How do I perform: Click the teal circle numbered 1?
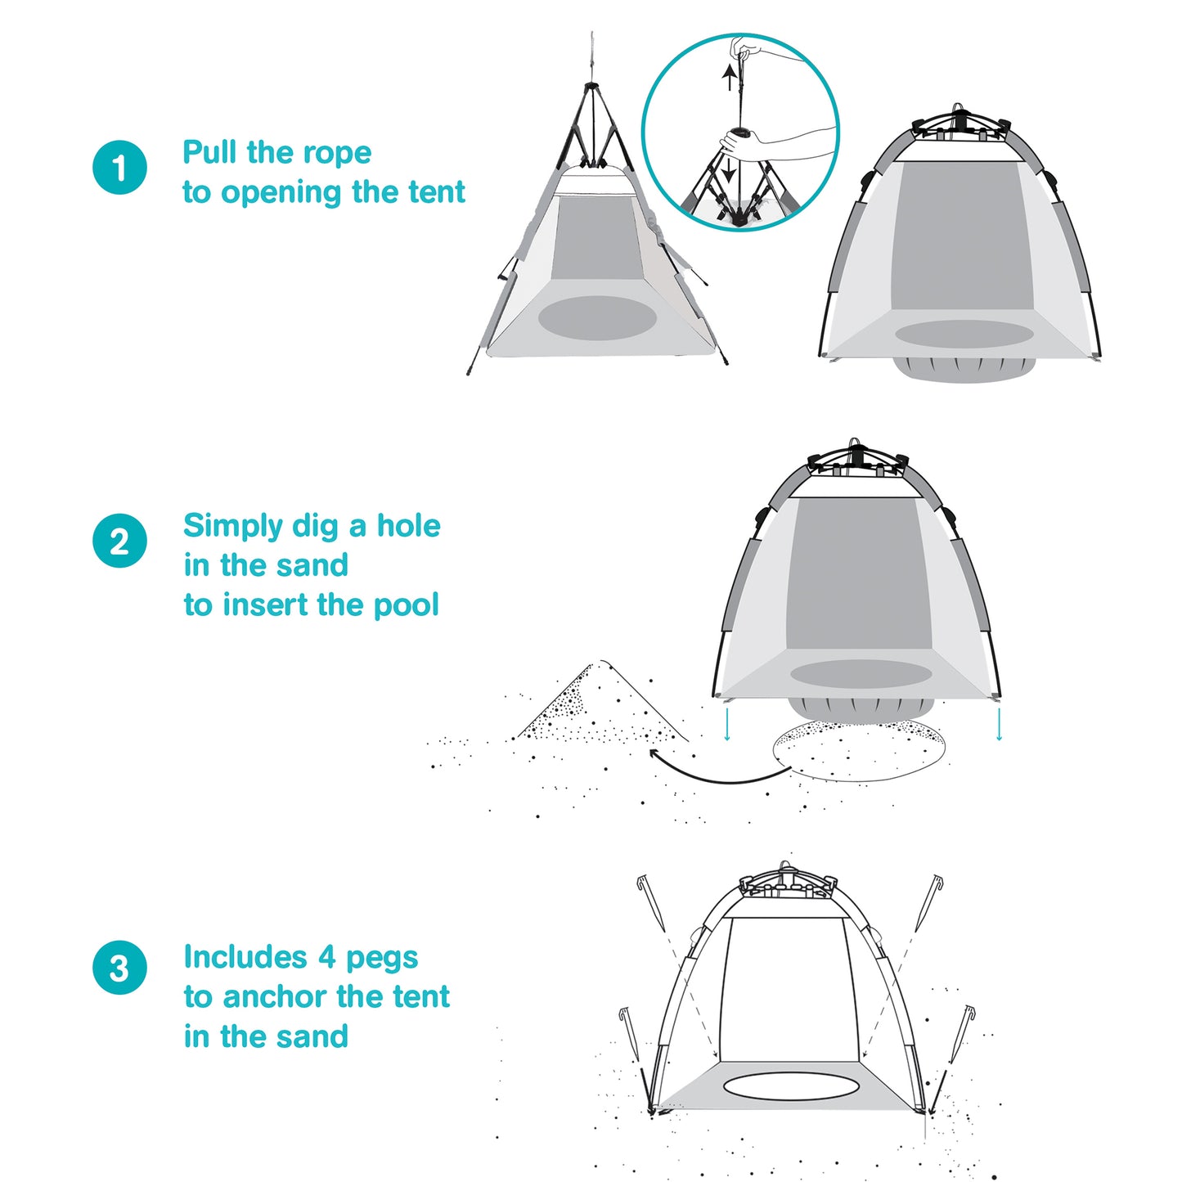(119, 168)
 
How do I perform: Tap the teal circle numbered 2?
(119, 541)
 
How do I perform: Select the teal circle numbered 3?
(119, 968)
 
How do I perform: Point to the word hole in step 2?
(408, 526)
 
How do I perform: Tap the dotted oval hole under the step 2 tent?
(859, 751)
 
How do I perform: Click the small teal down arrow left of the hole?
(727, 724)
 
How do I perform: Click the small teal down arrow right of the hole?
(999, 724)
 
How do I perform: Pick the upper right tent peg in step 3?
(928, 903)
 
